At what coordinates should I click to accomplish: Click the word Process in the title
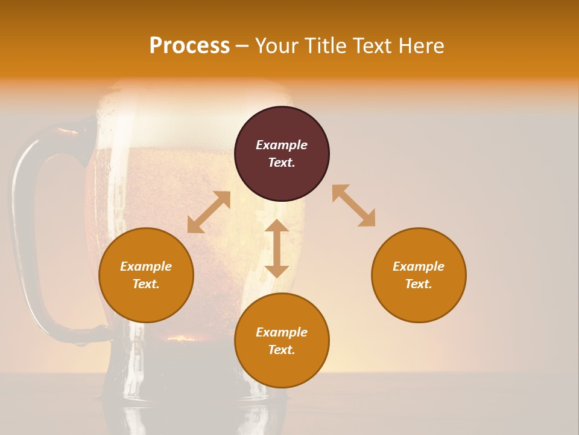pos(189,46)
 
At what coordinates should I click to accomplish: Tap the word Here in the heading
pos(420,46)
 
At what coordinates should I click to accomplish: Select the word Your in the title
pos(278,46)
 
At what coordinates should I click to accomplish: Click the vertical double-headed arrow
pos(277,248)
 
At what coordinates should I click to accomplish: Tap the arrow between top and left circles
pos(209,212)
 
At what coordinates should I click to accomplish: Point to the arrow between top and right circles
pos(353,205)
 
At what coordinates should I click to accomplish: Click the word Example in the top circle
pos(282,145)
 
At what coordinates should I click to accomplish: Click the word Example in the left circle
pos(146,266)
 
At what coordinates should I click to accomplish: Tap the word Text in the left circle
pos(146,284)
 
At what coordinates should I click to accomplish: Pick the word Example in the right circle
pos(419,266)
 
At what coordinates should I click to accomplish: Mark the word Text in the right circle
pos(419,284)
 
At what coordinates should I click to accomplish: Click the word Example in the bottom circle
pos(282,332)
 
